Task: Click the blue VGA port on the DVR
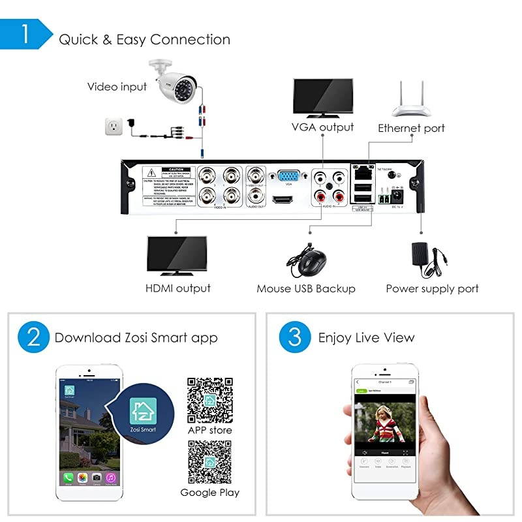[x=288, y=176]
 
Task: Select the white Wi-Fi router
[x=411, y=104]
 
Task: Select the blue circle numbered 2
[x=34, y=338]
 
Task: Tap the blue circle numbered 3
[x=294, y=338]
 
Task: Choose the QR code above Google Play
[x=209, y=462]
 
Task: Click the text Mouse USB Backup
[x=305, y=288]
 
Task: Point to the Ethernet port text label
[x=411, y=129]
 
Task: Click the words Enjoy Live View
[x=366, y=338]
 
